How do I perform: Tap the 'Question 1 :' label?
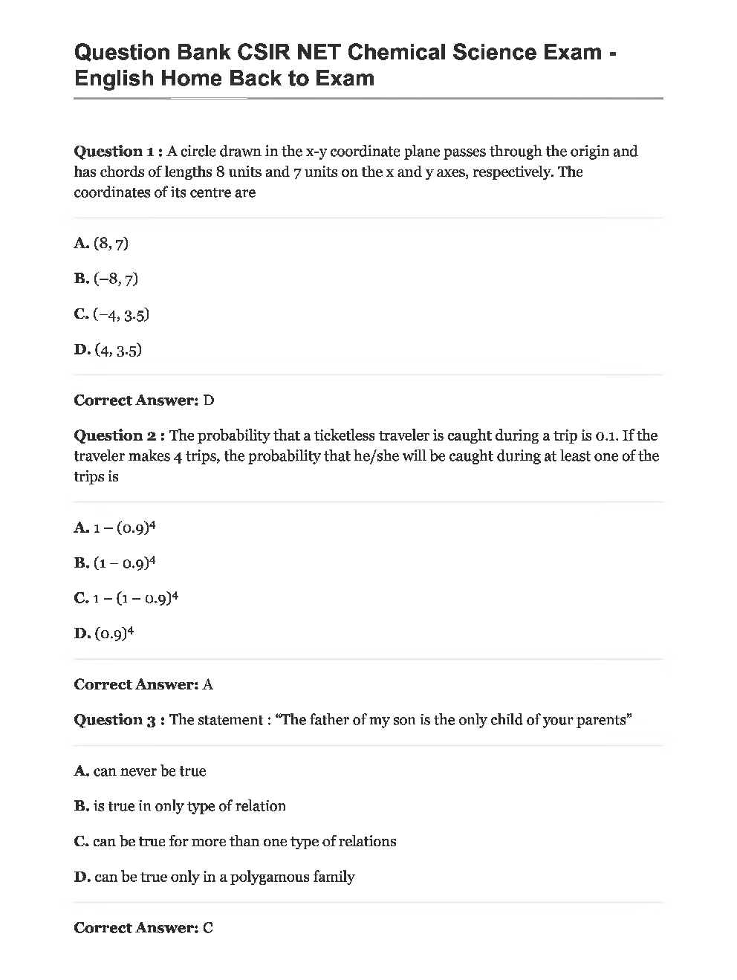coord(119,152)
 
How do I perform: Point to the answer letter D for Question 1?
coord(209,400)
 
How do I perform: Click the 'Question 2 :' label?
coord(119,435)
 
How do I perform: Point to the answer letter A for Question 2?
coord(208,684)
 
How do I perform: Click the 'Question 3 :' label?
coord(119,720)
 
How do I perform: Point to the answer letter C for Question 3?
coord(208,928)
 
